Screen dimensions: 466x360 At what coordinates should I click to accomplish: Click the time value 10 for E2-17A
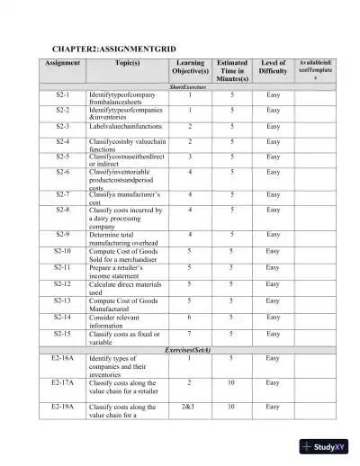pyautogui.click(x=233, y=382)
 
